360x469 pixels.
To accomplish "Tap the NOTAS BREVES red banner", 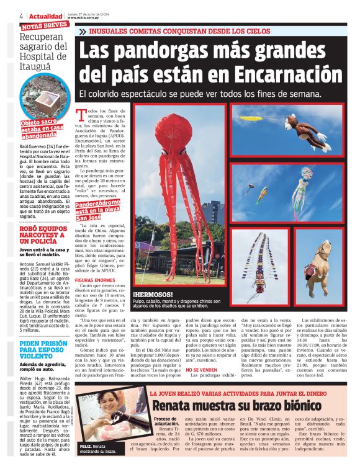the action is point(44,27).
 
